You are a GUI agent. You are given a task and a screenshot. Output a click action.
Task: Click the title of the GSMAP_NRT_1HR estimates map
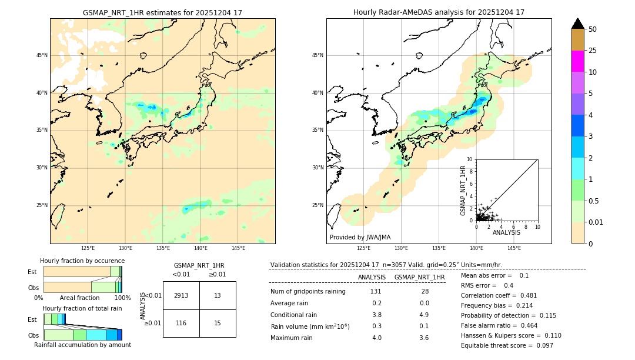point(162,12)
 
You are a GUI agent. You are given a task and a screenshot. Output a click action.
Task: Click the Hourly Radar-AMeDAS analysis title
point(439,12)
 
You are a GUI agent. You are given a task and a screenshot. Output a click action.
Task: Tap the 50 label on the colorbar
point(593,29)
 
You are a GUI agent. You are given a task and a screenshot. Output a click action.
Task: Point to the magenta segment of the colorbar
point(577,61)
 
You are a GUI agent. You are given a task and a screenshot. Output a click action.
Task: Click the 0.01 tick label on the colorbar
point(596,222)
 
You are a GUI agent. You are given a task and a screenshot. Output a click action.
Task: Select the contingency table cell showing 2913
point(181,295)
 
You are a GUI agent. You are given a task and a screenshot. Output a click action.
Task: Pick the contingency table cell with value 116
point(181,324)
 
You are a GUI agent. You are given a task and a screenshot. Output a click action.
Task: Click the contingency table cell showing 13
point(218,295)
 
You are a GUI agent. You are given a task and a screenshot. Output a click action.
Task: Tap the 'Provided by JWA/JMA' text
point(360,237)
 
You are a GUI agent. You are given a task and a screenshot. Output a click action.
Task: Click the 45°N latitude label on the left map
point(42,55)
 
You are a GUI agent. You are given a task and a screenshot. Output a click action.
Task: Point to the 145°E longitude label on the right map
point(514,248)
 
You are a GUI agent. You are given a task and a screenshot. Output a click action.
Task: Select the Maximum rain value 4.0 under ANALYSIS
point(376,338)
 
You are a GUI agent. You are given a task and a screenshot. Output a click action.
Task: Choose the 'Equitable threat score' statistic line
point(507,345)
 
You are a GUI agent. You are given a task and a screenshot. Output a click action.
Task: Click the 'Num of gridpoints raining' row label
point(308,292)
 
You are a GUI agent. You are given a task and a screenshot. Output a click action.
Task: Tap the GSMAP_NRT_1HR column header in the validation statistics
point(419,277)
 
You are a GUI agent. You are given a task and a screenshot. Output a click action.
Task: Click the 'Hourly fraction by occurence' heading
point(82,261)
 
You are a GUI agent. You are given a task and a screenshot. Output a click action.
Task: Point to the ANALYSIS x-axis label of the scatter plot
point(506,232)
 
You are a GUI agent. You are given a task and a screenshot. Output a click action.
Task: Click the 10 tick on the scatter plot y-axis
point(470,159)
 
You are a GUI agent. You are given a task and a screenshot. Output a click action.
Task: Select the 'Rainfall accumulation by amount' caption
point(82,345)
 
